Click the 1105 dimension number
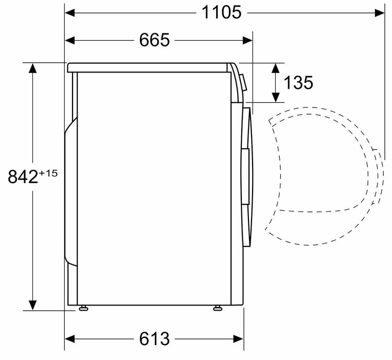pos(222,12)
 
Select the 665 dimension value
pos(154,40)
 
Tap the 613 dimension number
pos(154,339)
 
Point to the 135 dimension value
pos(298,83)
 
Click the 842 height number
pos(23,176)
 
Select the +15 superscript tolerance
pos(48,173)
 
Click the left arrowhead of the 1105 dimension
pos(70,13)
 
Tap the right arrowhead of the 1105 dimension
pos(380,13)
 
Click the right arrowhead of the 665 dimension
pos(247,40)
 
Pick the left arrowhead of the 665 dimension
pos(70,40)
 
